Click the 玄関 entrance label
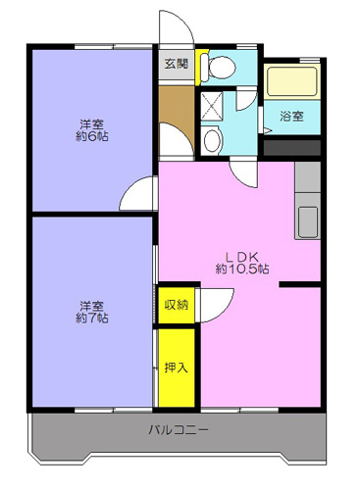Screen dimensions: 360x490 point(177,64)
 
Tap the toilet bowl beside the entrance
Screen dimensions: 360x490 point(218,68)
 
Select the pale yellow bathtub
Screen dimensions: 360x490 point(290,81)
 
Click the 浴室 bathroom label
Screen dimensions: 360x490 point(291,116)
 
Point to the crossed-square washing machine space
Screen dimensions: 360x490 point(212,106)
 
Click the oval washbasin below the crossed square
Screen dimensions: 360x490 point(212,140)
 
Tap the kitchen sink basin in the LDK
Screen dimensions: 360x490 point(307,221)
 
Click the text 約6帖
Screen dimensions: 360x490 point(92,136)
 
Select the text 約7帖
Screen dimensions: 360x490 point(92,318)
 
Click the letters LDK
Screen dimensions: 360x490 point(242,257)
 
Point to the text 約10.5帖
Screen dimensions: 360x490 point(242,269)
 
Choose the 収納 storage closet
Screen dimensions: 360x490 point(177,305)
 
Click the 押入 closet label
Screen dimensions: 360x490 point(177,367)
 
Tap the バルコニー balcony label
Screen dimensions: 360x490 point(179,429)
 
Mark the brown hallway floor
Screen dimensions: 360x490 point(177,121)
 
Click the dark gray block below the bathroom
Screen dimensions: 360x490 point(292,148)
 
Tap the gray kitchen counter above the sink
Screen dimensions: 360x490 point(307,177)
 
